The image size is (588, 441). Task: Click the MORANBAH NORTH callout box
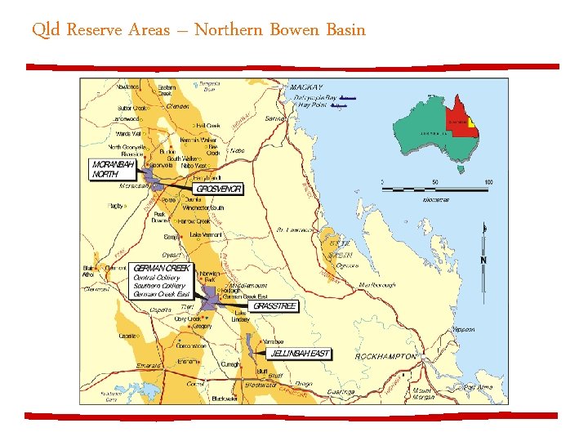(x=113, y=169)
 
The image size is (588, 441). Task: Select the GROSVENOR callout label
(x=219, y=189)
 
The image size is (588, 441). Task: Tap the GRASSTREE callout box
(x=275, y=306)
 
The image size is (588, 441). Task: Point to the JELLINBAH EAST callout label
(x=300, y=354)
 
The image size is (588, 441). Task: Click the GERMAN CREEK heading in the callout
(x=162, y=268)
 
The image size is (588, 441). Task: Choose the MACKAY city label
(x=304, y=87)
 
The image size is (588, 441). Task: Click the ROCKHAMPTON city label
(x=385, y=357)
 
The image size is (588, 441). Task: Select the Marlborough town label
(x=376, y=285)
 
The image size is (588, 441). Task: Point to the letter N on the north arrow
(x=483, y=261)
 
